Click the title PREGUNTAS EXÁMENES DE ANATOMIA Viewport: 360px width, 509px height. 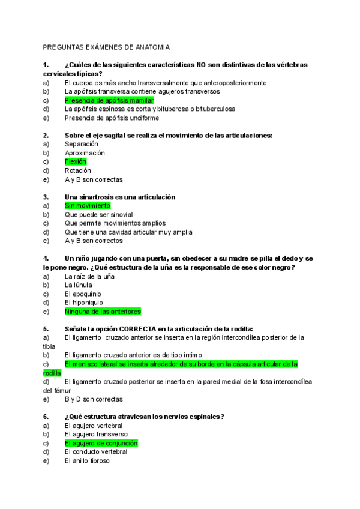pos(106,47)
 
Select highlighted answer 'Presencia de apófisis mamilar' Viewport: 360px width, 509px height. pos(109,100)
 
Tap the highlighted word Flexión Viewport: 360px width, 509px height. pos(76,161)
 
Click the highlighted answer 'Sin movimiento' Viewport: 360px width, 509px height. pos(88,206)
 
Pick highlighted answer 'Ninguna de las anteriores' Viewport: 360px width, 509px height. pos(103,312)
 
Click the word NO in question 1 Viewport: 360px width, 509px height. pos(195,65)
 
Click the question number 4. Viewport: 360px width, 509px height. pos(46,258)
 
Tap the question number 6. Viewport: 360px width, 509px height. pos(46,417)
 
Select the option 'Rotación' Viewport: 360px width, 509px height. pos(78,170)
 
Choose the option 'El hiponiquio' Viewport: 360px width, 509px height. pos(83,303)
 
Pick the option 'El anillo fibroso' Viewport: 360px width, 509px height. pos(87,461)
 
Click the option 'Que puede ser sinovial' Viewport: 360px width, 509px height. pos(98,214)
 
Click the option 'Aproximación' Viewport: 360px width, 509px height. pos(85,153)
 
